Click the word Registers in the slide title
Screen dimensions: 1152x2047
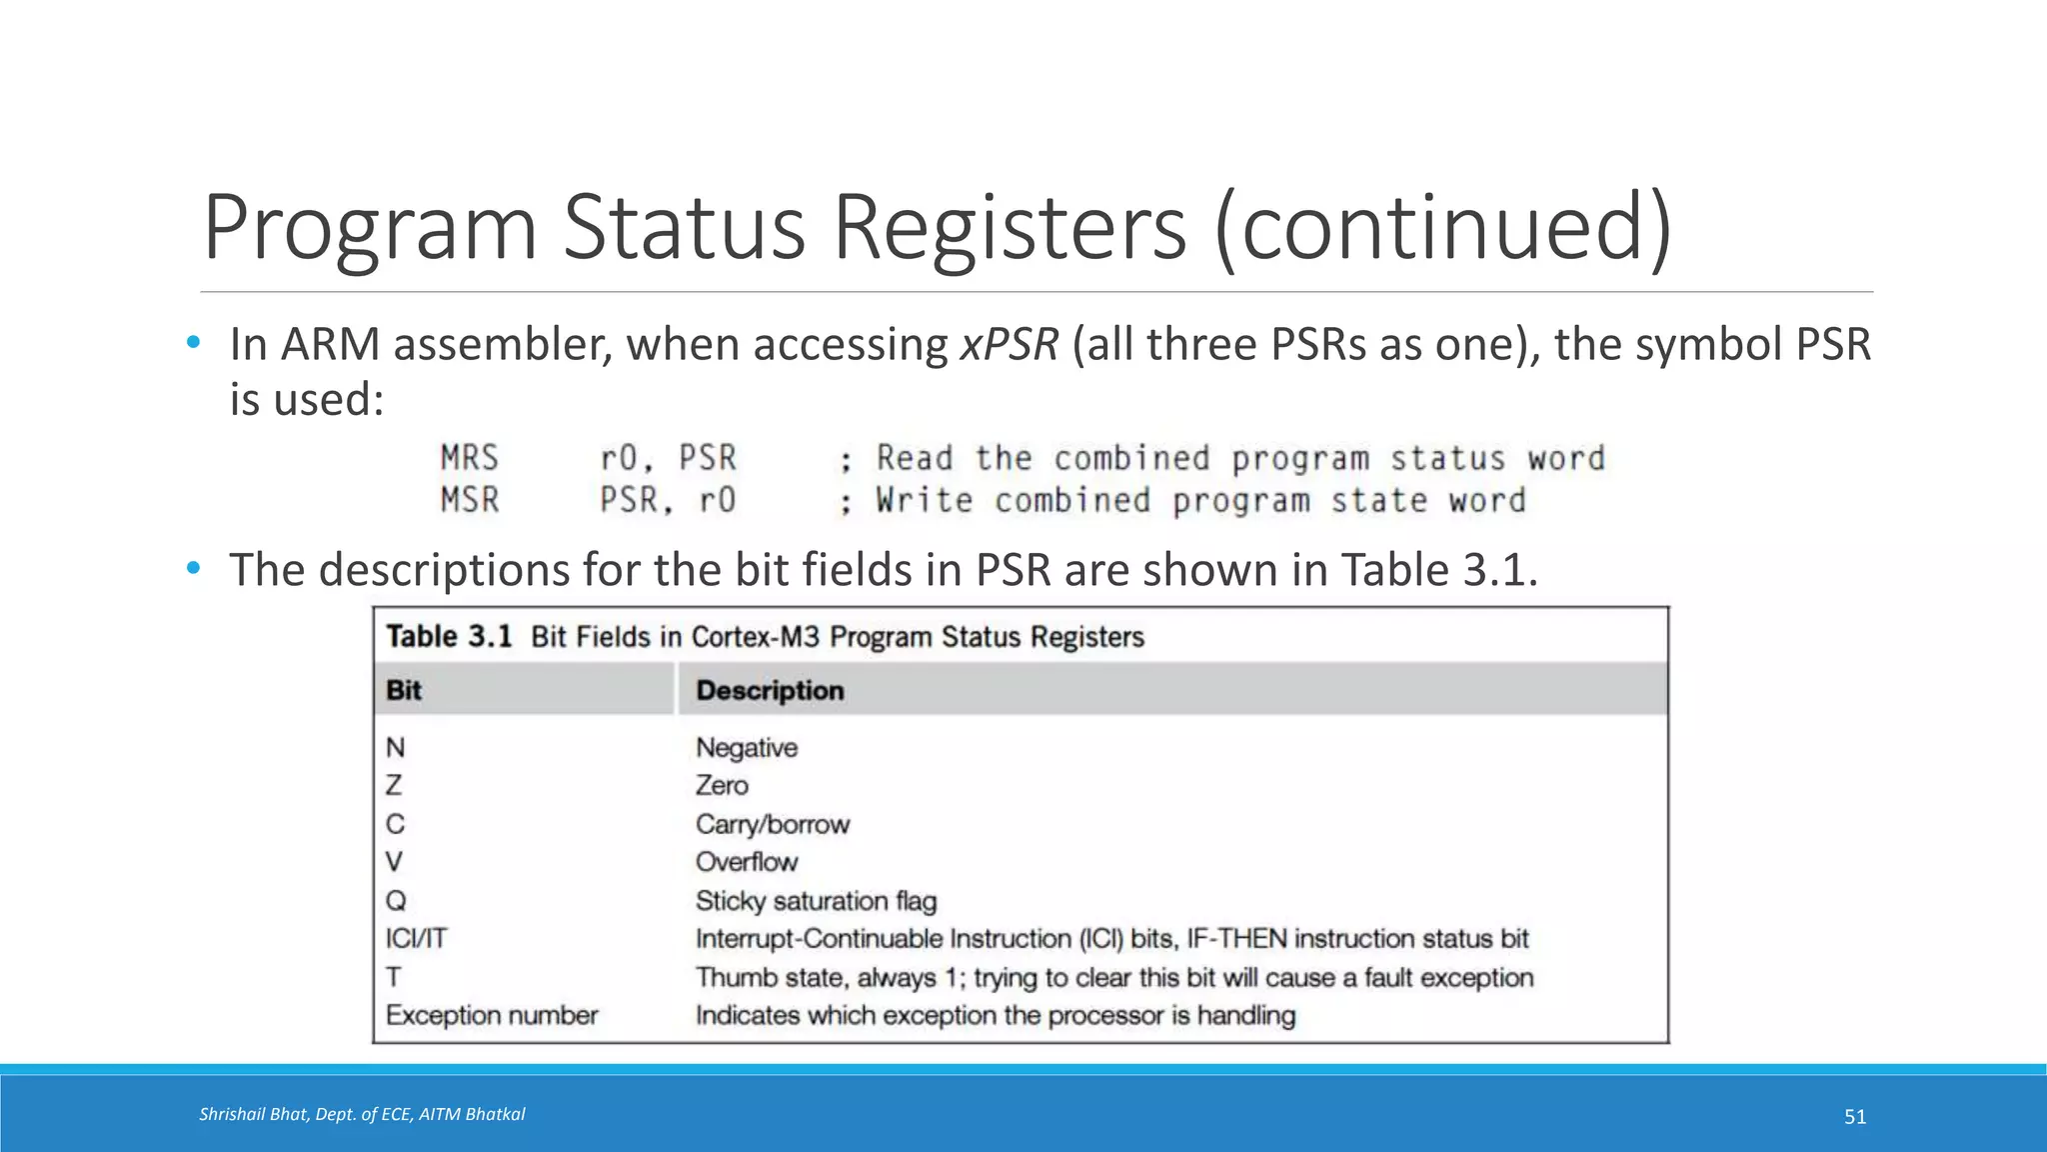click(x=1010, y=228)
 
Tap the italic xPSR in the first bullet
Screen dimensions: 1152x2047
click(x=1009, y=345)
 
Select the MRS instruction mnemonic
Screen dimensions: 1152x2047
click(x=469, y=458)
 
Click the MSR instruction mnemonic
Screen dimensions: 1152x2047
click(x=469, y=500)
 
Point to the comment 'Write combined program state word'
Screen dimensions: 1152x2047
click(x=1200, y=500)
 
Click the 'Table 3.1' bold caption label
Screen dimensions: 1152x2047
click(x=449, y=637)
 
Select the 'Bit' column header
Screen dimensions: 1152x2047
click(x=404, y=691)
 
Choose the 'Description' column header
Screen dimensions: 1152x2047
click(x=770, y=691)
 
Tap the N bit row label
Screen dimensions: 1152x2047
click(x=396, y=748)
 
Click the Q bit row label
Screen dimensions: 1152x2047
click(x=396, y=901)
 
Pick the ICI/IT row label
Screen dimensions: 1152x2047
click(x=417, y=939)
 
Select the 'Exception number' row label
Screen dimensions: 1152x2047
click(x=492, y=1016)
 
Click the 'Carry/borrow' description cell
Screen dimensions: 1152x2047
click(x=773, y=825)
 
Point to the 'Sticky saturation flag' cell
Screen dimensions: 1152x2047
click(x=816, y=901)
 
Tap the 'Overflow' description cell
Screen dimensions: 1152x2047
click(x=747, y=862)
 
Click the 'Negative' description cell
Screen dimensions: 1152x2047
click(x=747, y=748)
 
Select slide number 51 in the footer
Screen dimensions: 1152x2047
click(x=1855, y=1117)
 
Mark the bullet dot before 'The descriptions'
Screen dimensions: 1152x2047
click(x=194, y=569)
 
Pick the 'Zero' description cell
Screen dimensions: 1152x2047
click(x=722, y=786)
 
